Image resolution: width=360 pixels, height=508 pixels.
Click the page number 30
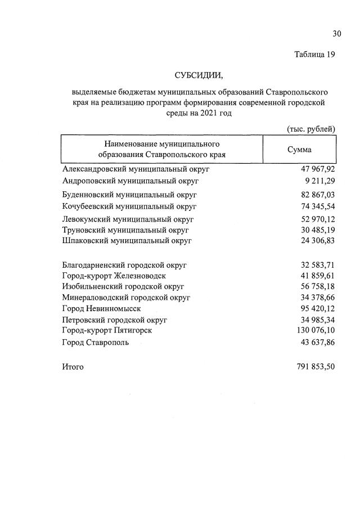click(337, 34)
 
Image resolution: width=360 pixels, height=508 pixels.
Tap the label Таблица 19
click(314, 55)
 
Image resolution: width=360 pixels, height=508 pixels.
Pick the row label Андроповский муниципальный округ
click(130, 181)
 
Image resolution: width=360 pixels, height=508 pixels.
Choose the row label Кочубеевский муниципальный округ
click(129, 206)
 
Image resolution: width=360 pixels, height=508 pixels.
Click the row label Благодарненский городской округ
click(124, 264)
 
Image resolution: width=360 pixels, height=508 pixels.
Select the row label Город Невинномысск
click(101, 308)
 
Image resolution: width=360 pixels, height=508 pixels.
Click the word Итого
click(73, 367)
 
